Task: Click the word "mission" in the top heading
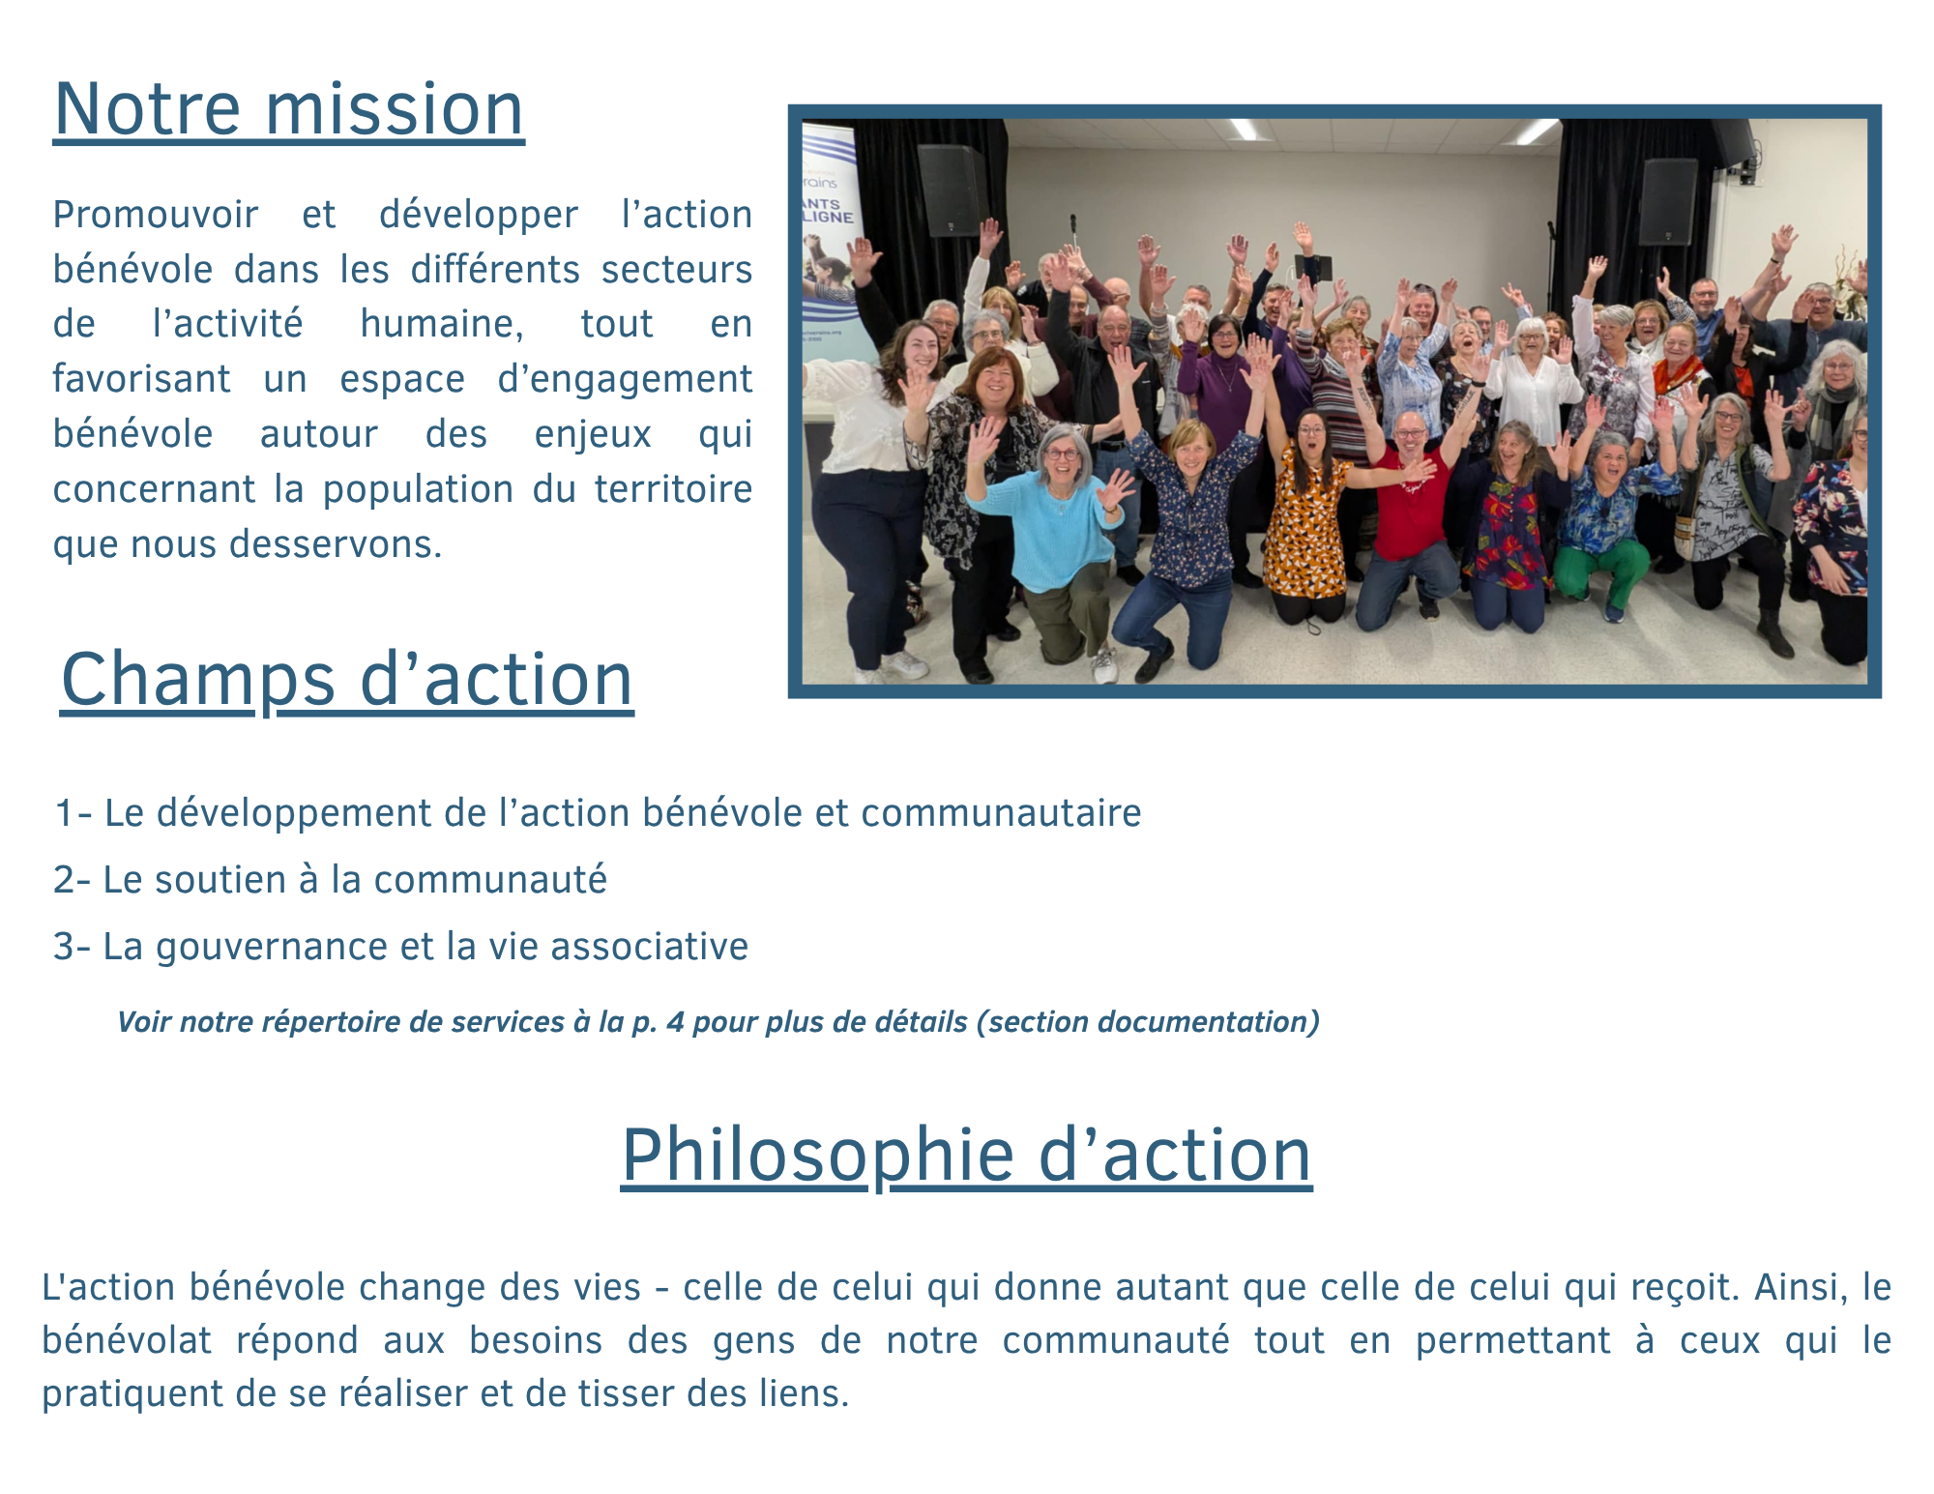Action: [395, 108]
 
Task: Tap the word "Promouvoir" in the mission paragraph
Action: [156, 215]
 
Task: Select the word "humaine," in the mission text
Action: [442, 324]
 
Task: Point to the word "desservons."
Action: [335, 544]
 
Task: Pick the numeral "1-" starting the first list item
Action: [73, 813]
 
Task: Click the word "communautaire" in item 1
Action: [1001, 813]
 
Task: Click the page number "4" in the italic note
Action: [675, 1022]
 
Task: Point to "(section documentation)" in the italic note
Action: [1148, 1022]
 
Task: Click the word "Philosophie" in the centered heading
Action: [818, 1156]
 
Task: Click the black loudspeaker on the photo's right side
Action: [1668, 202]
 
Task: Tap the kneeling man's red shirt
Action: [1411, 503]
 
